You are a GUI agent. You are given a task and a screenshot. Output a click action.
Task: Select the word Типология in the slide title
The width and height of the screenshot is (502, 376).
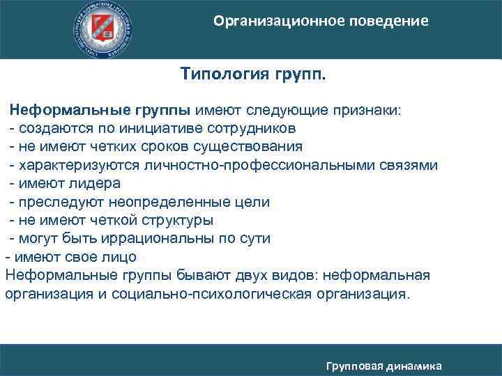[x=220, y=75]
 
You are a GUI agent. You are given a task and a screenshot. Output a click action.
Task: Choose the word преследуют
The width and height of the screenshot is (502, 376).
[x=59, y=202]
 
